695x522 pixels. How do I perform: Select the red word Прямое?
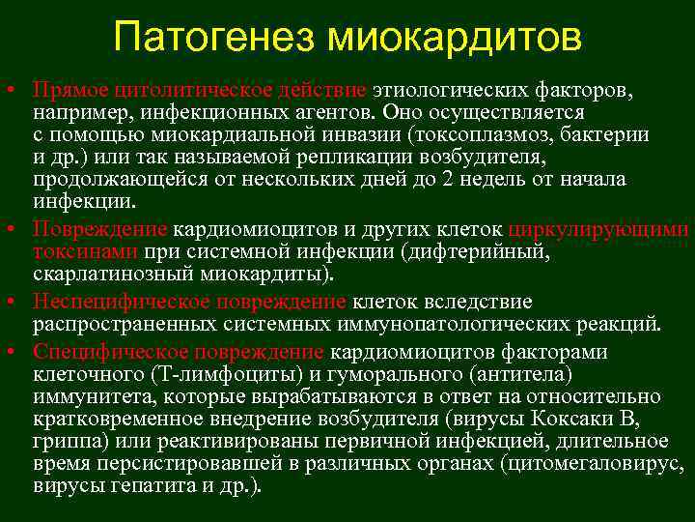[69, 91]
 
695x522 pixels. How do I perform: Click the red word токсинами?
[86, 251]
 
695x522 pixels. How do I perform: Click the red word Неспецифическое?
[116, 301]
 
